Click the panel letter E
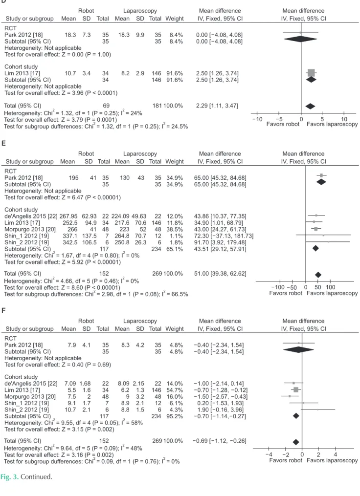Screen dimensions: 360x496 (x=3, y=143)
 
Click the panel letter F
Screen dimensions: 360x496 (x=3, y=310)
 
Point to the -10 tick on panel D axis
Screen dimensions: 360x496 (x=257, y=119)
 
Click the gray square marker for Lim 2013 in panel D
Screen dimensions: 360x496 (x=311, y=73)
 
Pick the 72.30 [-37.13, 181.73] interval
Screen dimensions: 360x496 (x=224, y=236)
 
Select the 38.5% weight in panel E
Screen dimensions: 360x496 (x=175, y=229)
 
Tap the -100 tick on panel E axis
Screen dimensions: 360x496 (x=278, y=287)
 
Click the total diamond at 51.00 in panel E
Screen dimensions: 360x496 (x=318, y=275)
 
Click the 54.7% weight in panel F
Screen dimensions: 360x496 (x=175, y=390)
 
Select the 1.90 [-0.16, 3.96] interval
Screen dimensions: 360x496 (x=219, y=410)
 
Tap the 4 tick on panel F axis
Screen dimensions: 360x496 (x=336, y=454)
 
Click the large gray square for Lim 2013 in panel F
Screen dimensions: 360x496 (x=296, y=390)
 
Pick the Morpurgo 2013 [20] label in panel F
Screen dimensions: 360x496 (x=30, y=397)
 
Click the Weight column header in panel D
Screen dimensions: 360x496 (x=175, y=19)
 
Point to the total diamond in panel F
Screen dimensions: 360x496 (x=296, y=442)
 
